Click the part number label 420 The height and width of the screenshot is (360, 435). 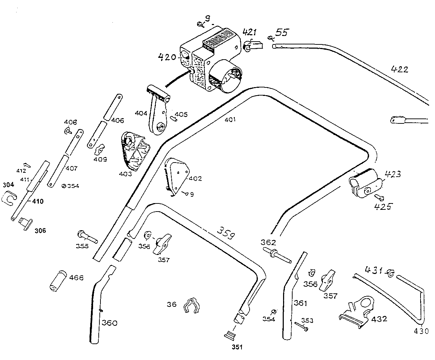[167, 57]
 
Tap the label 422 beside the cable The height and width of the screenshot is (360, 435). [399, 69]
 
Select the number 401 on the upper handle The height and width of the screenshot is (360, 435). [229, 120]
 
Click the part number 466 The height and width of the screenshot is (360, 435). [76, 277]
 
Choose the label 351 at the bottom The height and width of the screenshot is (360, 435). [237, 347]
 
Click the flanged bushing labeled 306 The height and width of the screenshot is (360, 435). [25, 223]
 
